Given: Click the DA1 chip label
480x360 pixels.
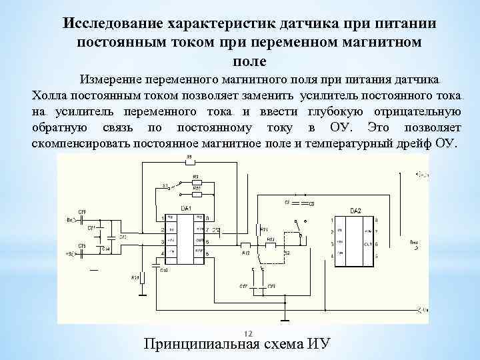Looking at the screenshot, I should (186, 210).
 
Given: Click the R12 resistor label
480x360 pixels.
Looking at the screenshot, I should (245, 254).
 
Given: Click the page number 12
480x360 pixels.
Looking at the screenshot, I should (247, 333).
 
